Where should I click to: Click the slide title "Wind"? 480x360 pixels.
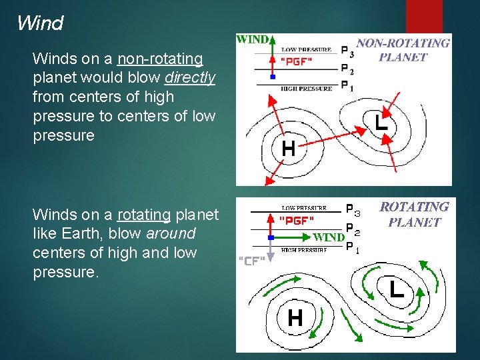(x=40, y=23)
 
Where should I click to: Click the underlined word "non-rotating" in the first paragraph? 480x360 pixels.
(x=160, y=59)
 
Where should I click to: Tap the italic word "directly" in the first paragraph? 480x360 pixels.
(x=190, y=78)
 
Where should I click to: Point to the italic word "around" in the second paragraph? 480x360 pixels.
(x=171, y=234)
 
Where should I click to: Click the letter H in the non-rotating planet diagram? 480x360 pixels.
(x=288, y=148)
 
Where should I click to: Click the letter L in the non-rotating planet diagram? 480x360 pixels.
(x=381, y=122)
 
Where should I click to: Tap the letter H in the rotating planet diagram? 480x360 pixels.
(x=295, y=317)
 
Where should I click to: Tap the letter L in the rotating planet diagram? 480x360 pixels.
(x=396, y=289)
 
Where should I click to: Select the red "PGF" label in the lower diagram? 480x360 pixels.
(x=297, y=219)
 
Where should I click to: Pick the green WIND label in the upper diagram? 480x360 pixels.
(x=253, y=39)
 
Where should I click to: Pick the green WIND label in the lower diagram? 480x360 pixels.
(x=329, y=237)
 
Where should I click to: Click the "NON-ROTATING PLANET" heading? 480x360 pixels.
(x=403, y=50)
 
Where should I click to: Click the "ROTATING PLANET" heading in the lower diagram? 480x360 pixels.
(x=414, y=214)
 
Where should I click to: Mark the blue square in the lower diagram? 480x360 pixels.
(x=271, y=237)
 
